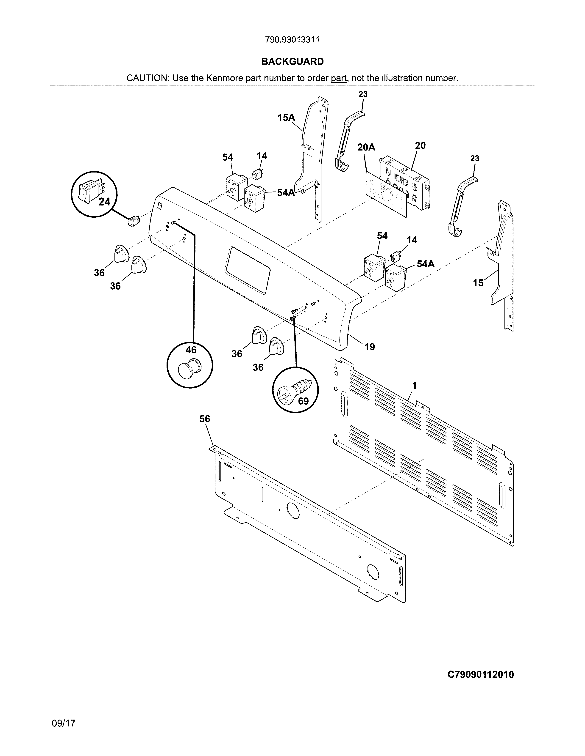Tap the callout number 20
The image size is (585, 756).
click(420, 146)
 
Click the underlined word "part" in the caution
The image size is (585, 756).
click(339, 78)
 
